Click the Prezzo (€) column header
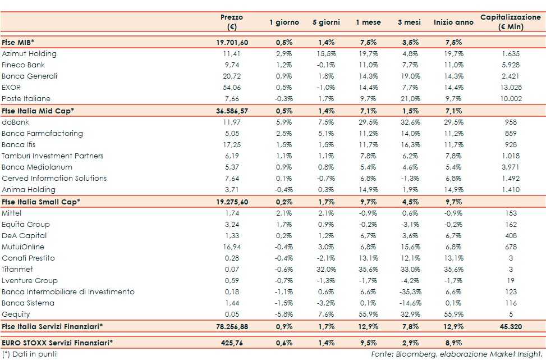[x=232, y=22]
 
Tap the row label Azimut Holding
[x=29, y=54]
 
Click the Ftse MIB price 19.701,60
[x=232, y=43]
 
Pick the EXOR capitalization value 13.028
[x=511, y=88]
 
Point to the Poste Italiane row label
[x=26, y=99]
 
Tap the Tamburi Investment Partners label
[x=53, y=156]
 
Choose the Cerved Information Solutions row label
[x=54, y=178]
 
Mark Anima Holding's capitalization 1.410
[x=511, y=189]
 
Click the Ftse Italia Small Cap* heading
[x=41, y=201]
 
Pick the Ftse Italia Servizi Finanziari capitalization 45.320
[x=510, y=326]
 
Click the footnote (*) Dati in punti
[x=29, y=354]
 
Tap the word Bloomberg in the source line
[x=419, y=354]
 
